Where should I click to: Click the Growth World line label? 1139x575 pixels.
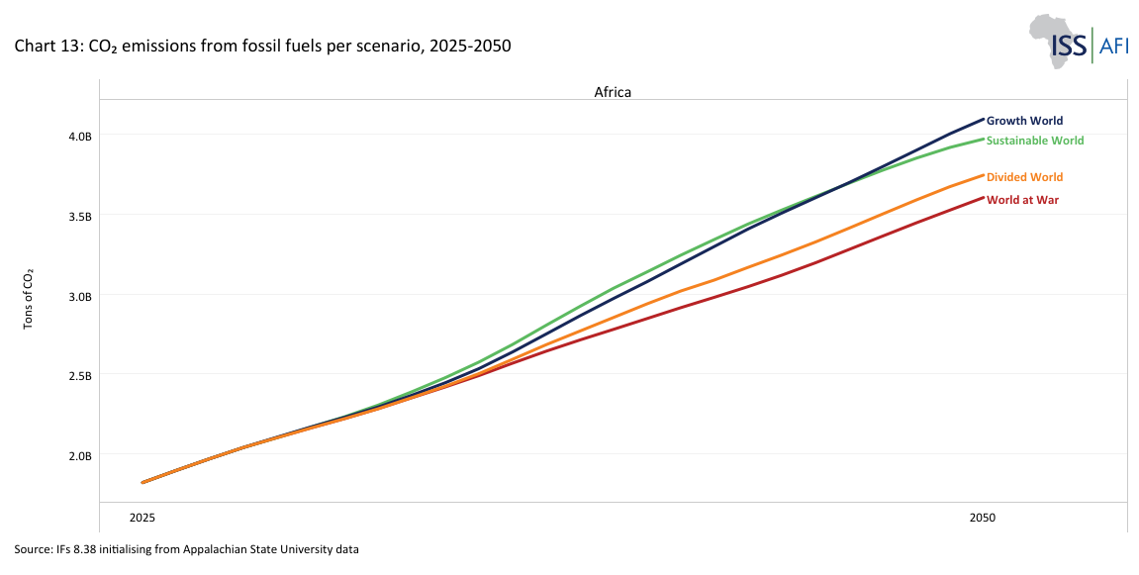(1024, 121)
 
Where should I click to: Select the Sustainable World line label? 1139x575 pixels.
(1035, 141)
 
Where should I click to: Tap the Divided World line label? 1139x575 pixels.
(1024, 177)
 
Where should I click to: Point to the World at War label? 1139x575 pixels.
(1022, 200)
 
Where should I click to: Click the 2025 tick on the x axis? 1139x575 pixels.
(142, 518)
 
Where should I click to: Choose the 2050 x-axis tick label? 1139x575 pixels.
(982, 518)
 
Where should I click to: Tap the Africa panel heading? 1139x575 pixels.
(613, 91)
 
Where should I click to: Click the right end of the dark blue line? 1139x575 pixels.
(983, 119)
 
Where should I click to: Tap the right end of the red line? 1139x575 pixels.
(983, 198)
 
